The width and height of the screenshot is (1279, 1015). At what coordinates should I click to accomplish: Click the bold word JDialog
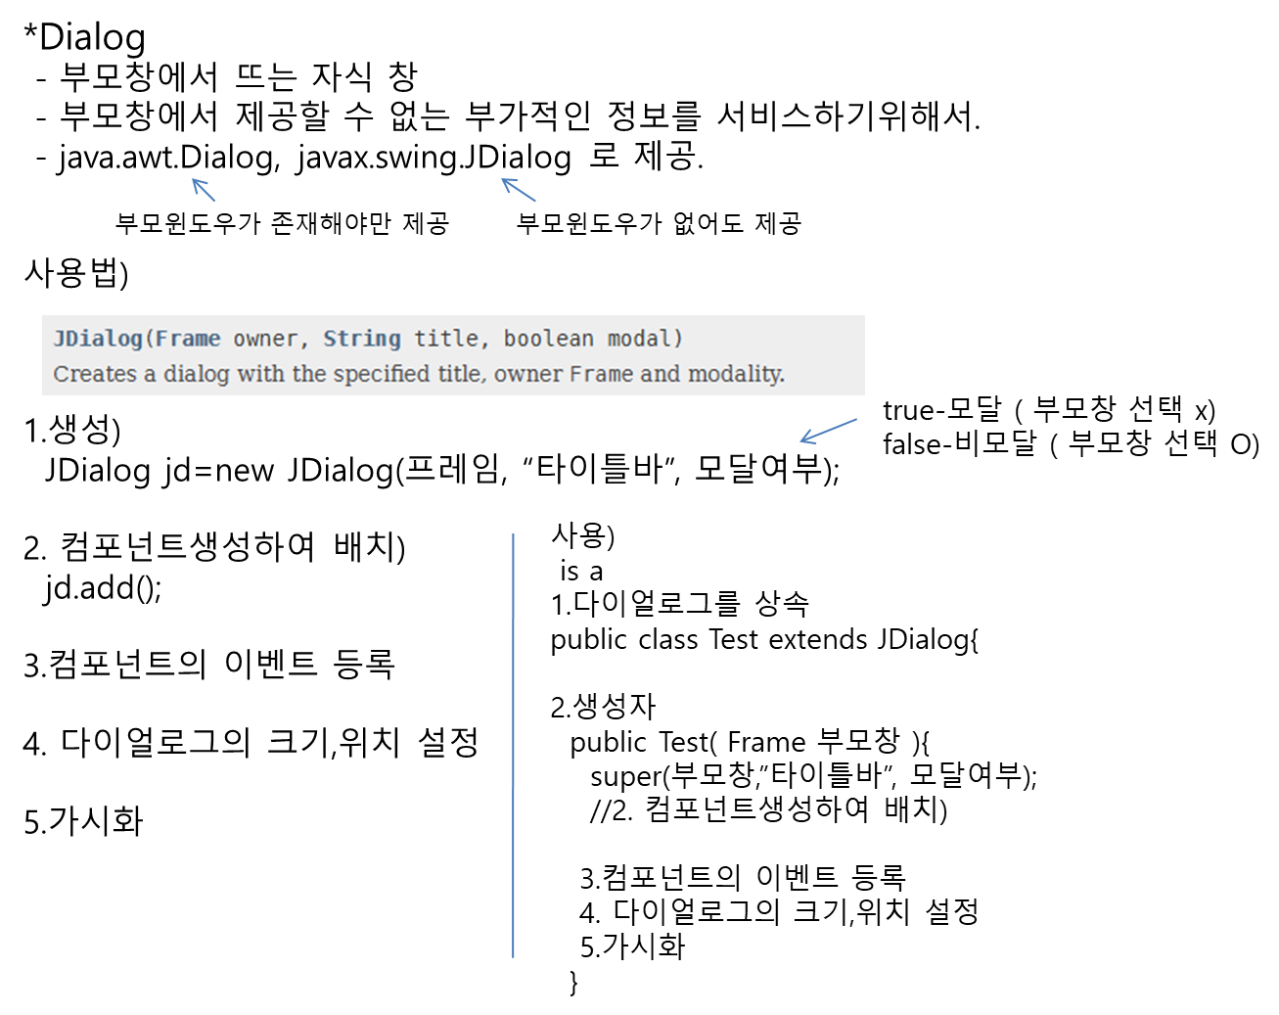98,339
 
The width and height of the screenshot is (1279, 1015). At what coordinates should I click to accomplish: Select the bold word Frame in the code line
188,339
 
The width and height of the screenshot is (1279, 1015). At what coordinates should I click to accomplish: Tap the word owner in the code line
265,339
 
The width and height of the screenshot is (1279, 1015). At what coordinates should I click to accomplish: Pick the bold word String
362,339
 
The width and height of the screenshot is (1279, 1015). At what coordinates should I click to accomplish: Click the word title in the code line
446,339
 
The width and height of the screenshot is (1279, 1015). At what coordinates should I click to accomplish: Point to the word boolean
549,339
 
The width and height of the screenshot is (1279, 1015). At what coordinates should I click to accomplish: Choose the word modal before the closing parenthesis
640,339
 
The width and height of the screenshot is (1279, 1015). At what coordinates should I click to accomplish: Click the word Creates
95,374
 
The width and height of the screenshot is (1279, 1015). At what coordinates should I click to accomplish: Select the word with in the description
260,374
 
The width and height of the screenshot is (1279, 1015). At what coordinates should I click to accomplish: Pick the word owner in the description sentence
528,374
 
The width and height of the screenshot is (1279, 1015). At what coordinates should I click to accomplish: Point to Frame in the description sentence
602,374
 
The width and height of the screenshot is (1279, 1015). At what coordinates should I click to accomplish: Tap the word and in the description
661,374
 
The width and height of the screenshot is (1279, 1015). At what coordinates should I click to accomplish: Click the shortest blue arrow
204,190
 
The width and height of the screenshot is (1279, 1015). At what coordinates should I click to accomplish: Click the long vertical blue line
513,744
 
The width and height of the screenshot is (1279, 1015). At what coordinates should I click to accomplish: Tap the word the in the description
309,374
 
